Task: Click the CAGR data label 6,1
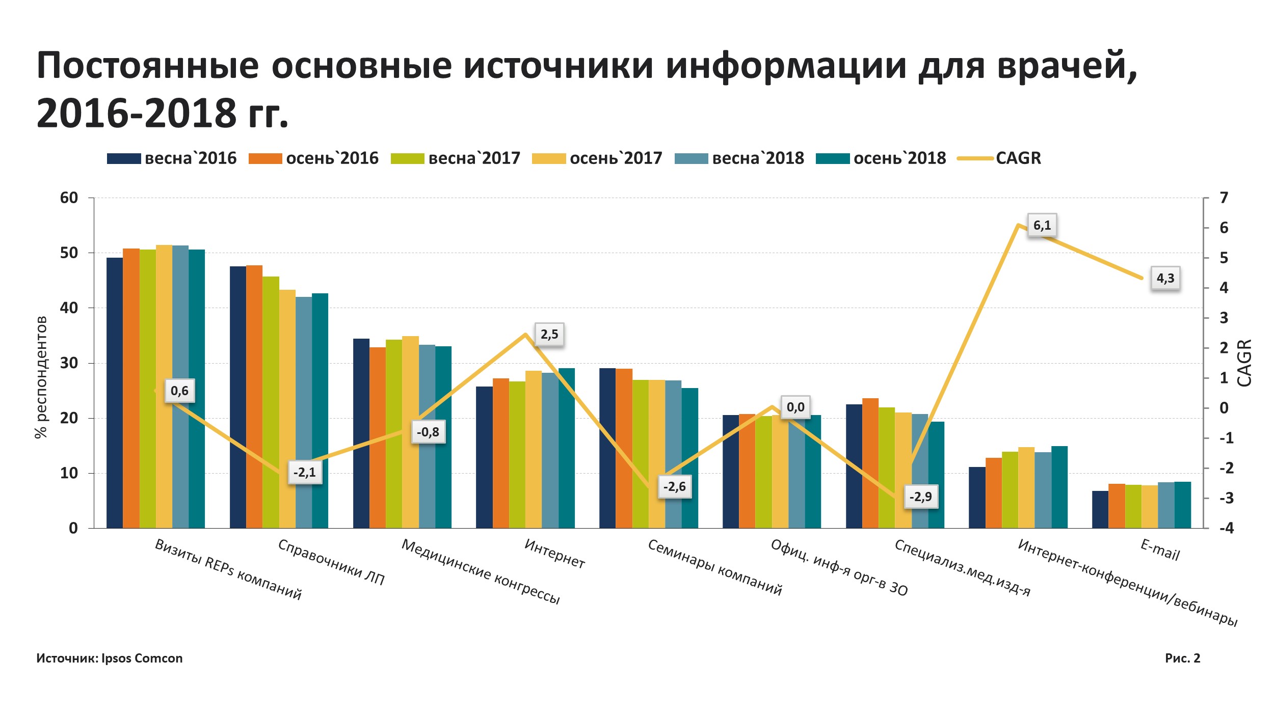1042,225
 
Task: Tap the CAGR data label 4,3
1165,278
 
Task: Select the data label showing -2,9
920,497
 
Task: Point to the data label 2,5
549,335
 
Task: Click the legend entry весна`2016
172,158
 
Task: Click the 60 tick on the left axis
69,198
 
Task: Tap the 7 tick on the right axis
1224,198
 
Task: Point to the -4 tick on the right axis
1226,528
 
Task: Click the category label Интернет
554,554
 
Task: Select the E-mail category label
1160,550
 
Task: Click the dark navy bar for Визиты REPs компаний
115,392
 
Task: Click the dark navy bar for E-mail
1100,509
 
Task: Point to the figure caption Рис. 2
1182,658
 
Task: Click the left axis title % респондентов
41,377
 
